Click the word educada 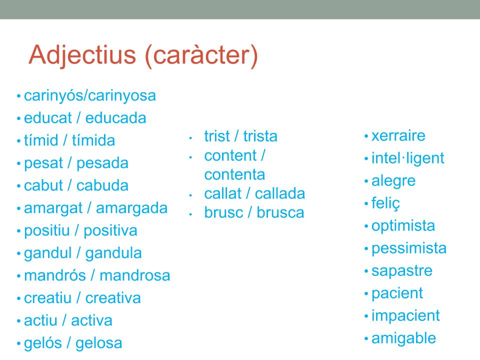click(x=116, y=118)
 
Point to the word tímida click(x=93, y=141)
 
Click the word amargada click(x=131, y=208)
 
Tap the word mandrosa click(x=135, y=275)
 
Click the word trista click(x=260, y=136)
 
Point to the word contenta click(x=235, y=175)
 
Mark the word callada click(x=280, y=194)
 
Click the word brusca click(x=280, y=213)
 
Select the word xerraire click(x=398, y=136)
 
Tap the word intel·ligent click(x=407, y=158)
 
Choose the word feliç click(x=385, y=203)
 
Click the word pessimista click(x=409, y=248)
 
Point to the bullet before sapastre click(x=366, y=271)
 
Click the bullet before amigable click(x=366, y=339)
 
